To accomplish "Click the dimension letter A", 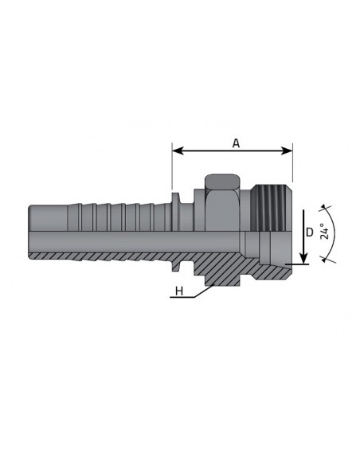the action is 236,143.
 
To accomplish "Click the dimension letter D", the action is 309,232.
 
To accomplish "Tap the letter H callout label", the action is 179,291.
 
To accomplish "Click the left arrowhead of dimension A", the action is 178,150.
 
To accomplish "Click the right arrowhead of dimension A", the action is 288,150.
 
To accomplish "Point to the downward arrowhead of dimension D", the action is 303,257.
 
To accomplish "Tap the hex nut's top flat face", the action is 222,181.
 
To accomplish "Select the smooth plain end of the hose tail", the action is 48,217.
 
